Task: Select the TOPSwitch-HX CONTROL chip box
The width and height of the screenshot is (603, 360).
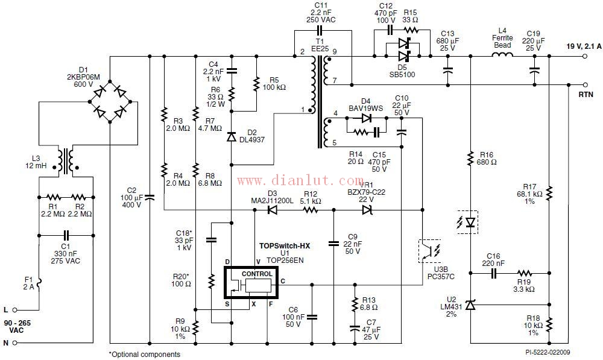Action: click(252, 282)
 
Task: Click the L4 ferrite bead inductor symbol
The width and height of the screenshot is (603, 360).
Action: click(503, 57)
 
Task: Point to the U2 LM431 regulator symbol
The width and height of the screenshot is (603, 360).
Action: click(472, 305)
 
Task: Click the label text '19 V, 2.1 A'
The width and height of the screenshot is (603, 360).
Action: click(584, 46)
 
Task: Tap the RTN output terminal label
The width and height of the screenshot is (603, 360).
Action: click(586, 95)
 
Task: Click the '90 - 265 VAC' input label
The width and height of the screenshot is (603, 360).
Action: click(19, 327)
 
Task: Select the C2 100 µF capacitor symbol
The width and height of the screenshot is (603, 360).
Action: click(150, 197)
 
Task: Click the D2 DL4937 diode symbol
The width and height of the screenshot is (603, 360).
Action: click(232, 137)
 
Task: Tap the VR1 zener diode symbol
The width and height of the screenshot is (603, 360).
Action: click(367, 210)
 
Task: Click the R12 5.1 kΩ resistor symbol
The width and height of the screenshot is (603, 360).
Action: click(310, 210)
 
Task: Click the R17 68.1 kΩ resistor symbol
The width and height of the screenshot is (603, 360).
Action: click(550, 192)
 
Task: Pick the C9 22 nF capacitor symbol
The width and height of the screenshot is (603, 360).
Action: click(333, 243)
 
